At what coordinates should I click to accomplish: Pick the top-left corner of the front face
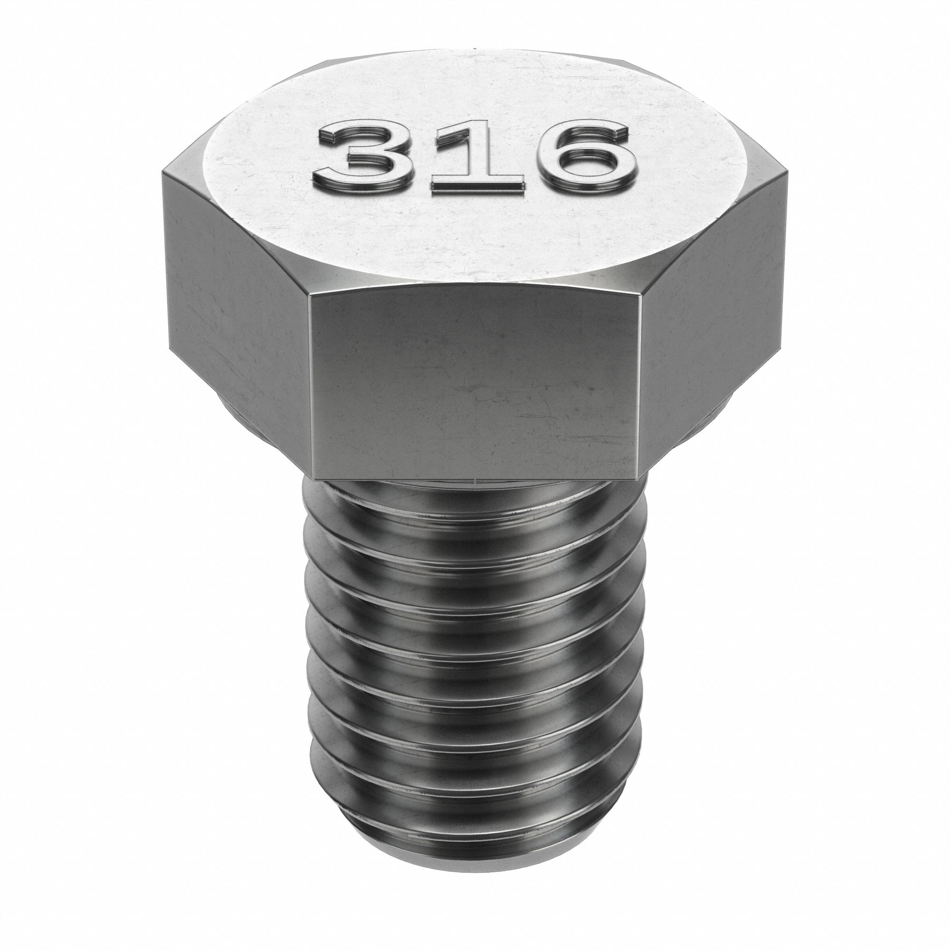tap(308, 294)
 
